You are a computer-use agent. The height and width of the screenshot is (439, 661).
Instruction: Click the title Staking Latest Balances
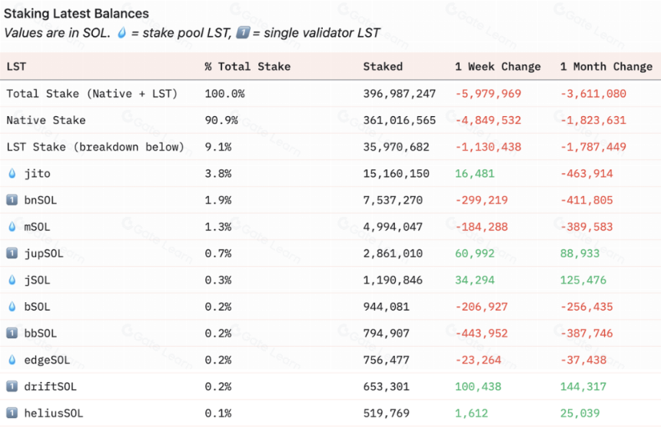(76, 14)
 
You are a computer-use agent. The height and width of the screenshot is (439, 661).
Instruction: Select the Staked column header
(383, 67)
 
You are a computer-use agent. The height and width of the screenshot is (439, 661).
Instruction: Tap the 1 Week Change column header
(497, 67)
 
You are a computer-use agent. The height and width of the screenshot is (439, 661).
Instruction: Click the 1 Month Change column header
(606, 67)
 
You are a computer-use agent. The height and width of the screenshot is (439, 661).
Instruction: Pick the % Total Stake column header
(247, 67)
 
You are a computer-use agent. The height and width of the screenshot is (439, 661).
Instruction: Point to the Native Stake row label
(46, 120)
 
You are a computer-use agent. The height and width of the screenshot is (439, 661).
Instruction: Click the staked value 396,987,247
(399, 94)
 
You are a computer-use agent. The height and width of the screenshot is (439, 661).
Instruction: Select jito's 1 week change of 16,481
(475, 173)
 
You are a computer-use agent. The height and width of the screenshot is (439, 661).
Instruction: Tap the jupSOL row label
(43, 254)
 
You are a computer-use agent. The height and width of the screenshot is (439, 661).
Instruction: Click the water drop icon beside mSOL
(12, 227)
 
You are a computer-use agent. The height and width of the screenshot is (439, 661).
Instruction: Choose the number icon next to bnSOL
(12, 200)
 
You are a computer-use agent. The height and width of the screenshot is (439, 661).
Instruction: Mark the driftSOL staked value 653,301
(386, 386)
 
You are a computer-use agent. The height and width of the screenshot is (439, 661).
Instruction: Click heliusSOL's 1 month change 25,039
(580, 413)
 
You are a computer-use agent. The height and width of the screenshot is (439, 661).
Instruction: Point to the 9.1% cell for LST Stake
(218, 147)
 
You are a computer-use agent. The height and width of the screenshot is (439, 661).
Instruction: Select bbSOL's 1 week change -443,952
(481, 333)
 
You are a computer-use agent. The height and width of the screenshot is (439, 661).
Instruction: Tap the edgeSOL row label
(47, 360)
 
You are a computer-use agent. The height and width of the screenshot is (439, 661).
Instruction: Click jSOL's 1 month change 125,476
(583, 280)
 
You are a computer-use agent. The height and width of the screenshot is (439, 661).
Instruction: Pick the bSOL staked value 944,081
(386, 307)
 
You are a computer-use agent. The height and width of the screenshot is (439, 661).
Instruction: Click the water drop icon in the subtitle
(122, 32)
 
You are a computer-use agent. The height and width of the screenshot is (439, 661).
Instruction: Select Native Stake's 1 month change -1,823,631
(593, 120)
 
